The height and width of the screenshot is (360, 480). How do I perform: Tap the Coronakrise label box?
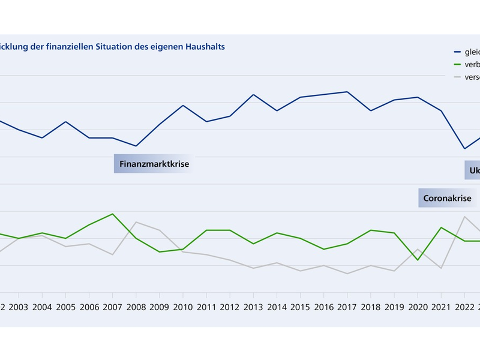pos(447,198)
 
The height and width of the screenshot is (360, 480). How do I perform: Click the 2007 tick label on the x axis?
pos(112,307)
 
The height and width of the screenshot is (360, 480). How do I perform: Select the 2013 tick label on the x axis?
pos(253,307)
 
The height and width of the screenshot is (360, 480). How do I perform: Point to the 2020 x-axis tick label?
pos(417,307)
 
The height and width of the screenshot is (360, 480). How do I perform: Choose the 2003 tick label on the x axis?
pos(19,307)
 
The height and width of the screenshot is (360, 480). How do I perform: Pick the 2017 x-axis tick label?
pos(347,307)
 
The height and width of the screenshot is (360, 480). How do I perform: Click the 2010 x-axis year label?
pos(182,307)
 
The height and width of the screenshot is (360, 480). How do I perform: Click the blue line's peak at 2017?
pos(347,92)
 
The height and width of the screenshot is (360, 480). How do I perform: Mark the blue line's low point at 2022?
pos(464,148)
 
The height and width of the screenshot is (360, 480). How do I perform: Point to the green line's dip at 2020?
pos(417,259)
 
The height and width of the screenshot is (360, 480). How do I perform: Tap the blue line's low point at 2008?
pos(136,146)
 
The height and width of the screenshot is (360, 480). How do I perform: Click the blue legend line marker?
pos(457,52)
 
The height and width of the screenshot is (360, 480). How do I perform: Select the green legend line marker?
pos(457,65)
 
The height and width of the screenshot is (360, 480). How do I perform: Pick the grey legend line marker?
pos(457,77)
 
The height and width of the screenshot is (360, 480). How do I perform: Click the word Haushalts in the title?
pos(204,46)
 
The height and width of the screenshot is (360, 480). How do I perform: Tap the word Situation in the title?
pos(118,46)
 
